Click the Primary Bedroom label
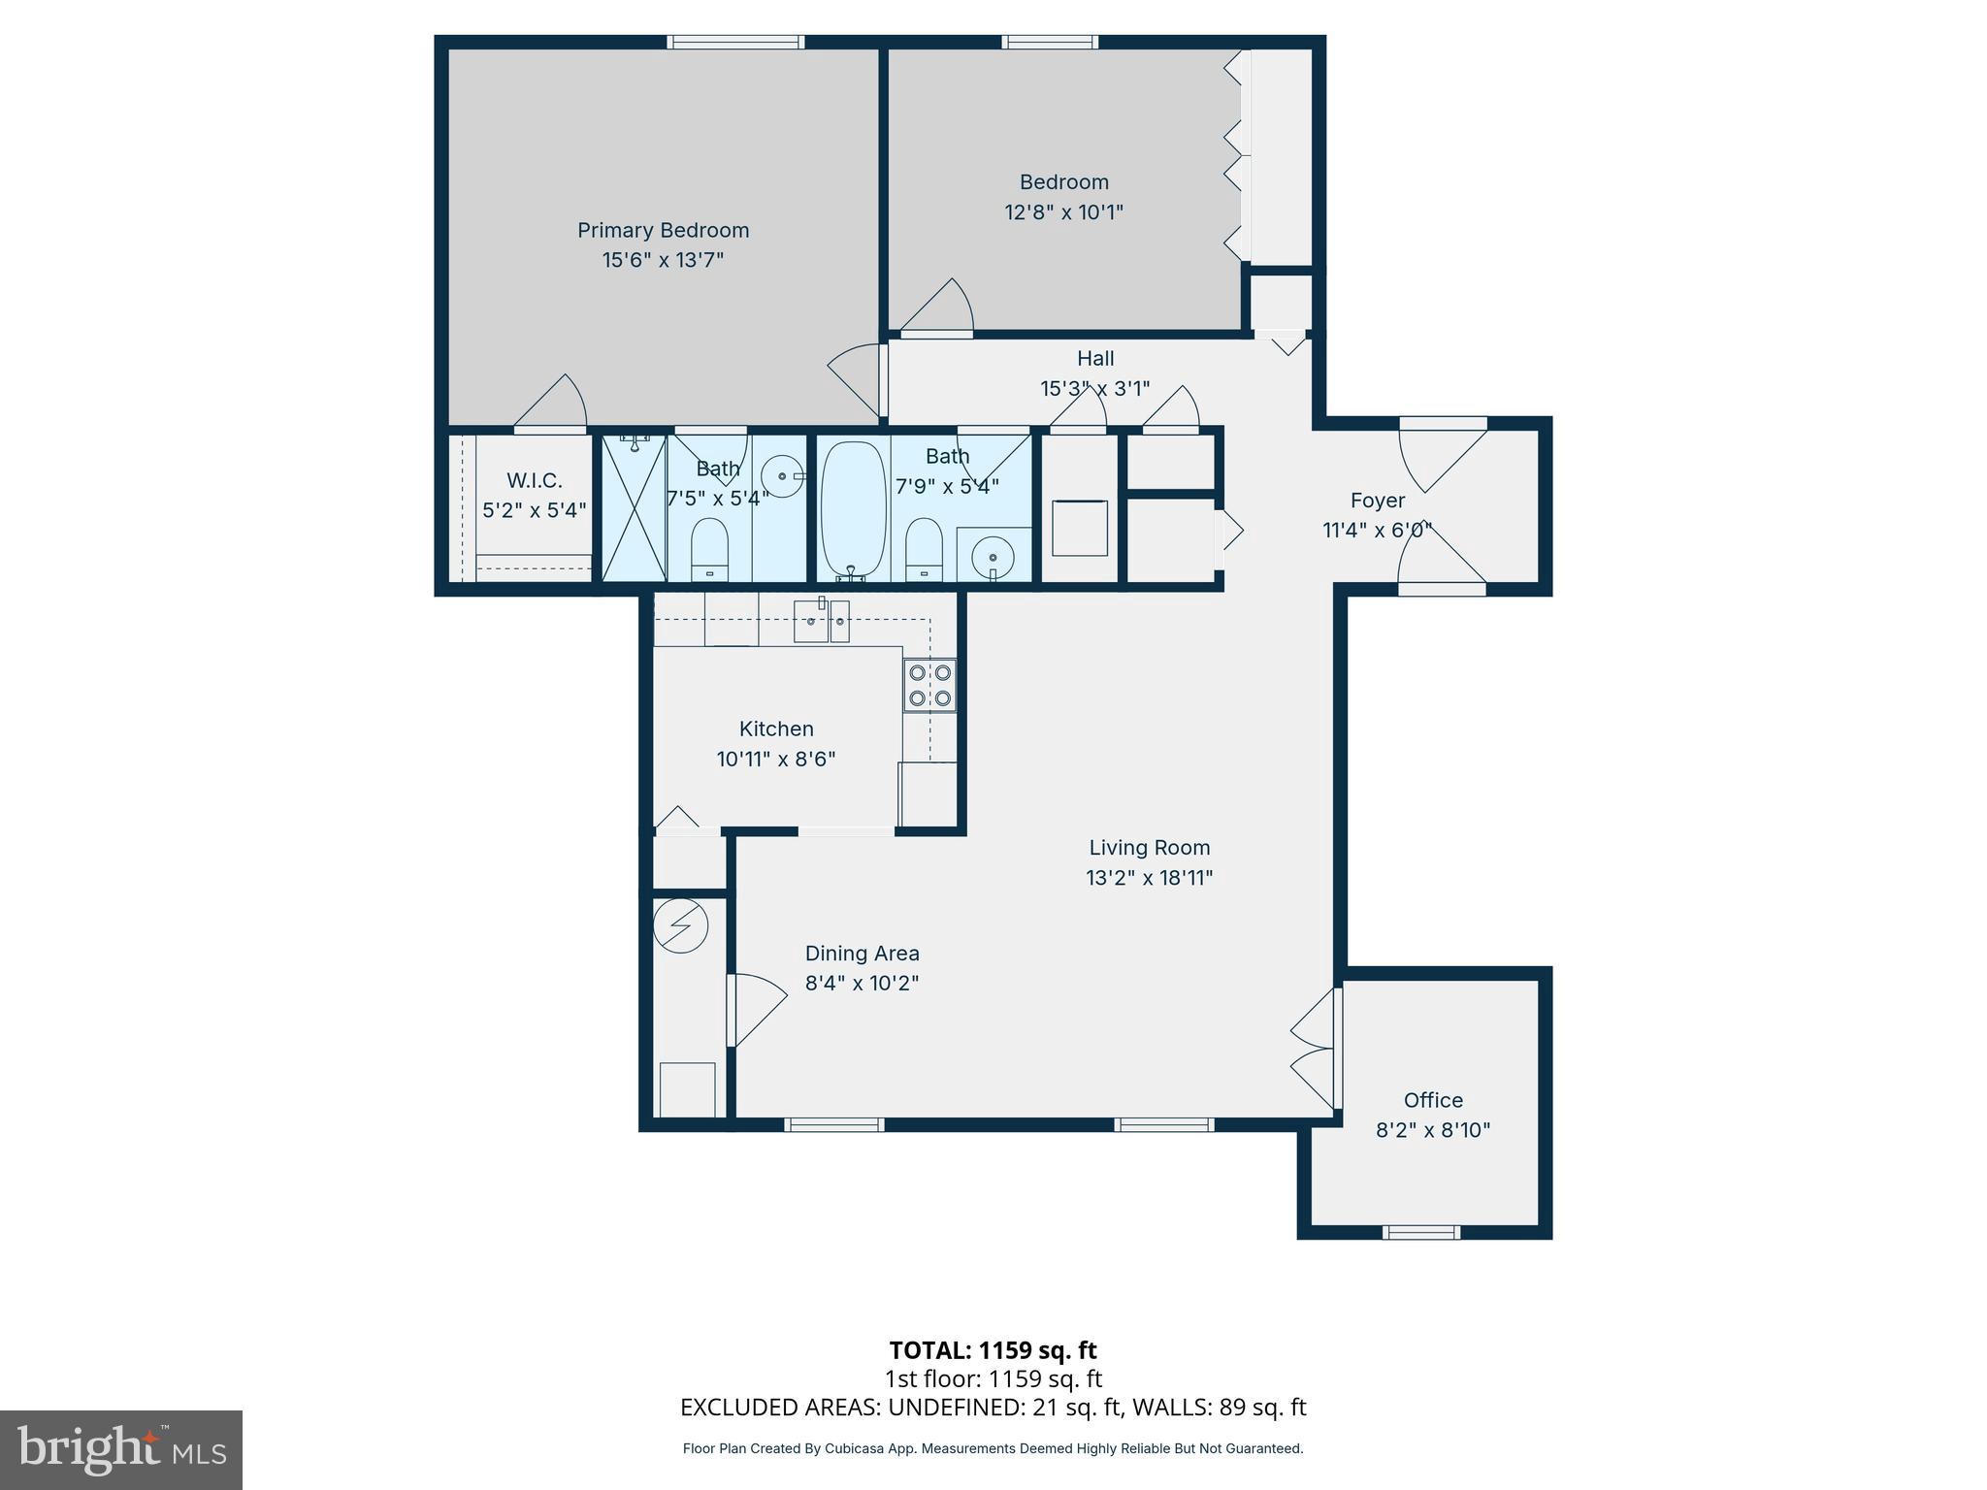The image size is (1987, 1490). click(x=663, y=230)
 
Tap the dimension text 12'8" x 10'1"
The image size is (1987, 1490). click(x=1063, y=211)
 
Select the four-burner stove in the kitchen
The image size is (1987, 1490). click(x=928, y=685)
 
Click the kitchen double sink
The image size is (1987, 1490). click(x=821, y=621)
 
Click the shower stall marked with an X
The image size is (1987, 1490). click(x=634, y=507)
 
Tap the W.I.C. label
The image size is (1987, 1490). click(x=534, y=480)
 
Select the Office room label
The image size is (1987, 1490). click(x=1433, y=1100)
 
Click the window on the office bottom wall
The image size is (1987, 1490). click(x=1420, y=1233)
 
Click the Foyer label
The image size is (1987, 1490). click(x=1377, y=501)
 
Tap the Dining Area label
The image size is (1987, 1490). click(x=862, y=954)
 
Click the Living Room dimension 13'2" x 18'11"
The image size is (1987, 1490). click(x=1149, y=878)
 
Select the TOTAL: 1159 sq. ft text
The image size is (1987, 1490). click(x=993, y=1350)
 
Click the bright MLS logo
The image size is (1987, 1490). click(x=121, y=1449)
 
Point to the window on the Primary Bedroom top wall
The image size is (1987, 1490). click(x=735, y=42)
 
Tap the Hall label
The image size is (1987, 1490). click(x=1095, y=358)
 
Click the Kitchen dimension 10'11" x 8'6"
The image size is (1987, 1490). click(x=775, y=760)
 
